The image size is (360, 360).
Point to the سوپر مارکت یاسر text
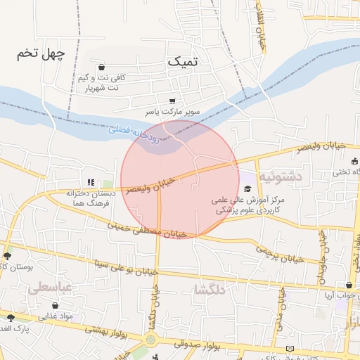(x=173, y=112)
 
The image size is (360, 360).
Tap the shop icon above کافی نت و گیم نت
(x=103, y=67)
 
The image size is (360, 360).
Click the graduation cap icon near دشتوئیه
(x=247, y=189)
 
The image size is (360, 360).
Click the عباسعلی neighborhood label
(x=49, y=288)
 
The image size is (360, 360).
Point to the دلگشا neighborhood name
(x=212, y=289)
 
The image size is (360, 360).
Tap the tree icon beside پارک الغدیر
(x=10, y=318)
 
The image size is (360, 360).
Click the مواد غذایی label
(x=56, y=316)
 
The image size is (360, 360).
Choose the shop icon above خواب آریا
(x=349, y=285)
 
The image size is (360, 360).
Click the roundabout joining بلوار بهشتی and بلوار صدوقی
(x=150, y=340)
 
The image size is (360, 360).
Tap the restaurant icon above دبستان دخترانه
(x=91, y=182)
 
